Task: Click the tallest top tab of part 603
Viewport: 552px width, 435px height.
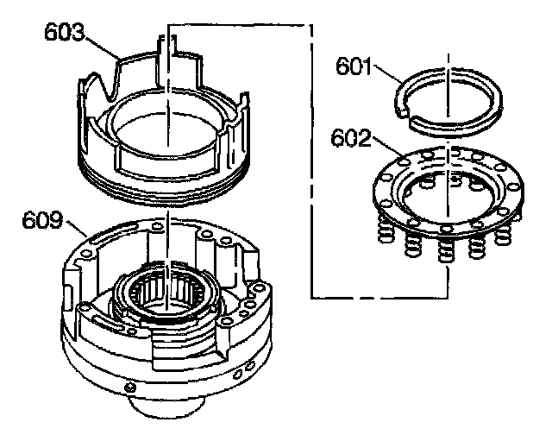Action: (163, 47)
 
